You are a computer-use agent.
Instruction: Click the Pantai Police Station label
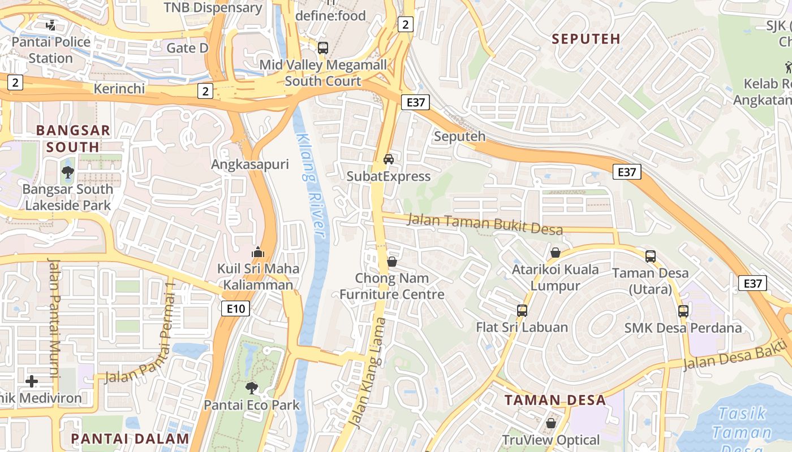[51, 50]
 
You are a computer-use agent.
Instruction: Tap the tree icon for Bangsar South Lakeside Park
[68, 172]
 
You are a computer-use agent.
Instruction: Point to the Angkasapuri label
[249, 164]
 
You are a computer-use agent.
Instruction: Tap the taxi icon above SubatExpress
[389, 159]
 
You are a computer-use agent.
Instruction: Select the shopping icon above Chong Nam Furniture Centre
[391, 262]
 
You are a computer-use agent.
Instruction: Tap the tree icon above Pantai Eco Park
[252, 388]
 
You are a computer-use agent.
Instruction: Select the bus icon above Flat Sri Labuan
[522, 310]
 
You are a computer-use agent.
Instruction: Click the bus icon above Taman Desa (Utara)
[651, 257]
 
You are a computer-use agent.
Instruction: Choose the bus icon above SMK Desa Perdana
[683, 311]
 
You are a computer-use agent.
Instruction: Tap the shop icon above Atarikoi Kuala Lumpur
[555, 253]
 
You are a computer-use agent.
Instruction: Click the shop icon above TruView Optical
[551, 423]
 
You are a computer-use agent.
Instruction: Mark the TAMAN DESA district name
[554, 400]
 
